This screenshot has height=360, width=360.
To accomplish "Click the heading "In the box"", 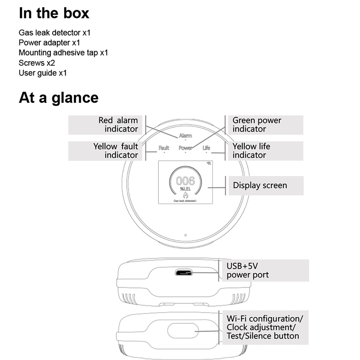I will click(x=54, y=13).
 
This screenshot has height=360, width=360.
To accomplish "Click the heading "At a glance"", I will click(x=58, y=98).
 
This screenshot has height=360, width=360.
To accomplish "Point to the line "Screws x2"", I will click(x=37, y=63).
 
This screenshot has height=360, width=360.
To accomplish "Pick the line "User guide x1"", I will click(x=43, y=73).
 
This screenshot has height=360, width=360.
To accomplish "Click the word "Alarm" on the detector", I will click(x=185, y=136).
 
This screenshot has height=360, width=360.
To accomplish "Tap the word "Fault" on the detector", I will click(x=164, y=148).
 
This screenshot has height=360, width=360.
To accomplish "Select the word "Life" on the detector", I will click(x=206, y=148).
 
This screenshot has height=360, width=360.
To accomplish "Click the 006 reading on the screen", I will click(x=185, y=180).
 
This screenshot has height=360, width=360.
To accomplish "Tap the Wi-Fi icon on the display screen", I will click(x=209, y=164).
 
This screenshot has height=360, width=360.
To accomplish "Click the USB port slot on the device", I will click(x=184, y=272).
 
